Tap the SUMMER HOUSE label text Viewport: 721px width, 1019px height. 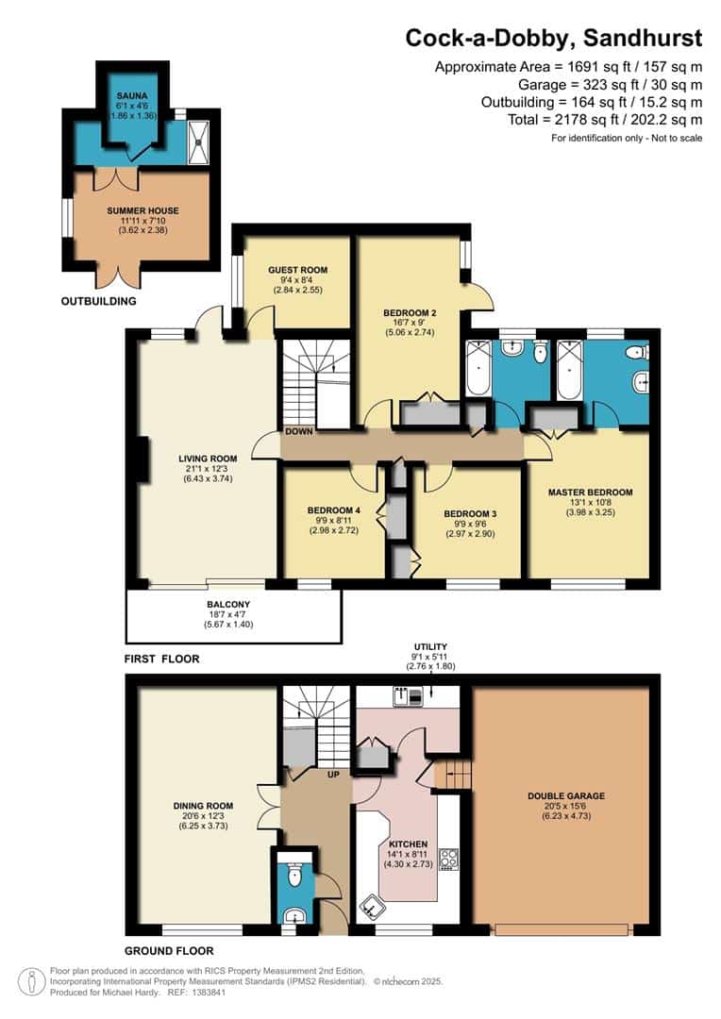[143, 209]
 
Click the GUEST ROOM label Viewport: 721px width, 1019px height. [297, 270]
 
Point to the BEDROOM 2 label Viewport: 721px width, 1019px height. [409, 312]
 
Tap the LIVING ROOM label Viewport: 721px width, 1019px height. [206, 459]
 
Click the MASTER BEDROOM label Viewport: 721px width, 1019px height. [590, 492]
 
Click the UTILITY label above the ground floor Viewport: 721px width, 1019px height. [429, 646]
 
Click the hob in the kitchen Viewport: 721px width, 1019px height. [450, 860]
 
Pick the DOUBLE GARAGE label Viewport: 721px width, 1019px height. [566, 795]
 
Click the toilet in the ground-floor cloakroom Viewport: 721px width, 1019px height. [295, 877]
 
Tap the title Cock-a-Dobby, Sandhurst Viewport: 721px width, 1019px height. [554, 38]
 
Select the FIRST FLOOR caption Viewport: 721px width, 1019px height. [161, 659]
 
